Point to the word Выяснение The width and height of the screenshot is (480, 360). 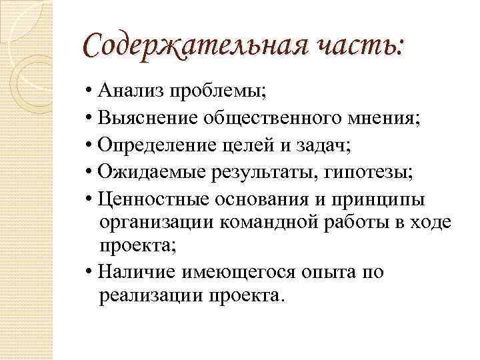point(147,119)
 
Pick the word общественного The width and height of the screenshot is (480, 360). point(277,119)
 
